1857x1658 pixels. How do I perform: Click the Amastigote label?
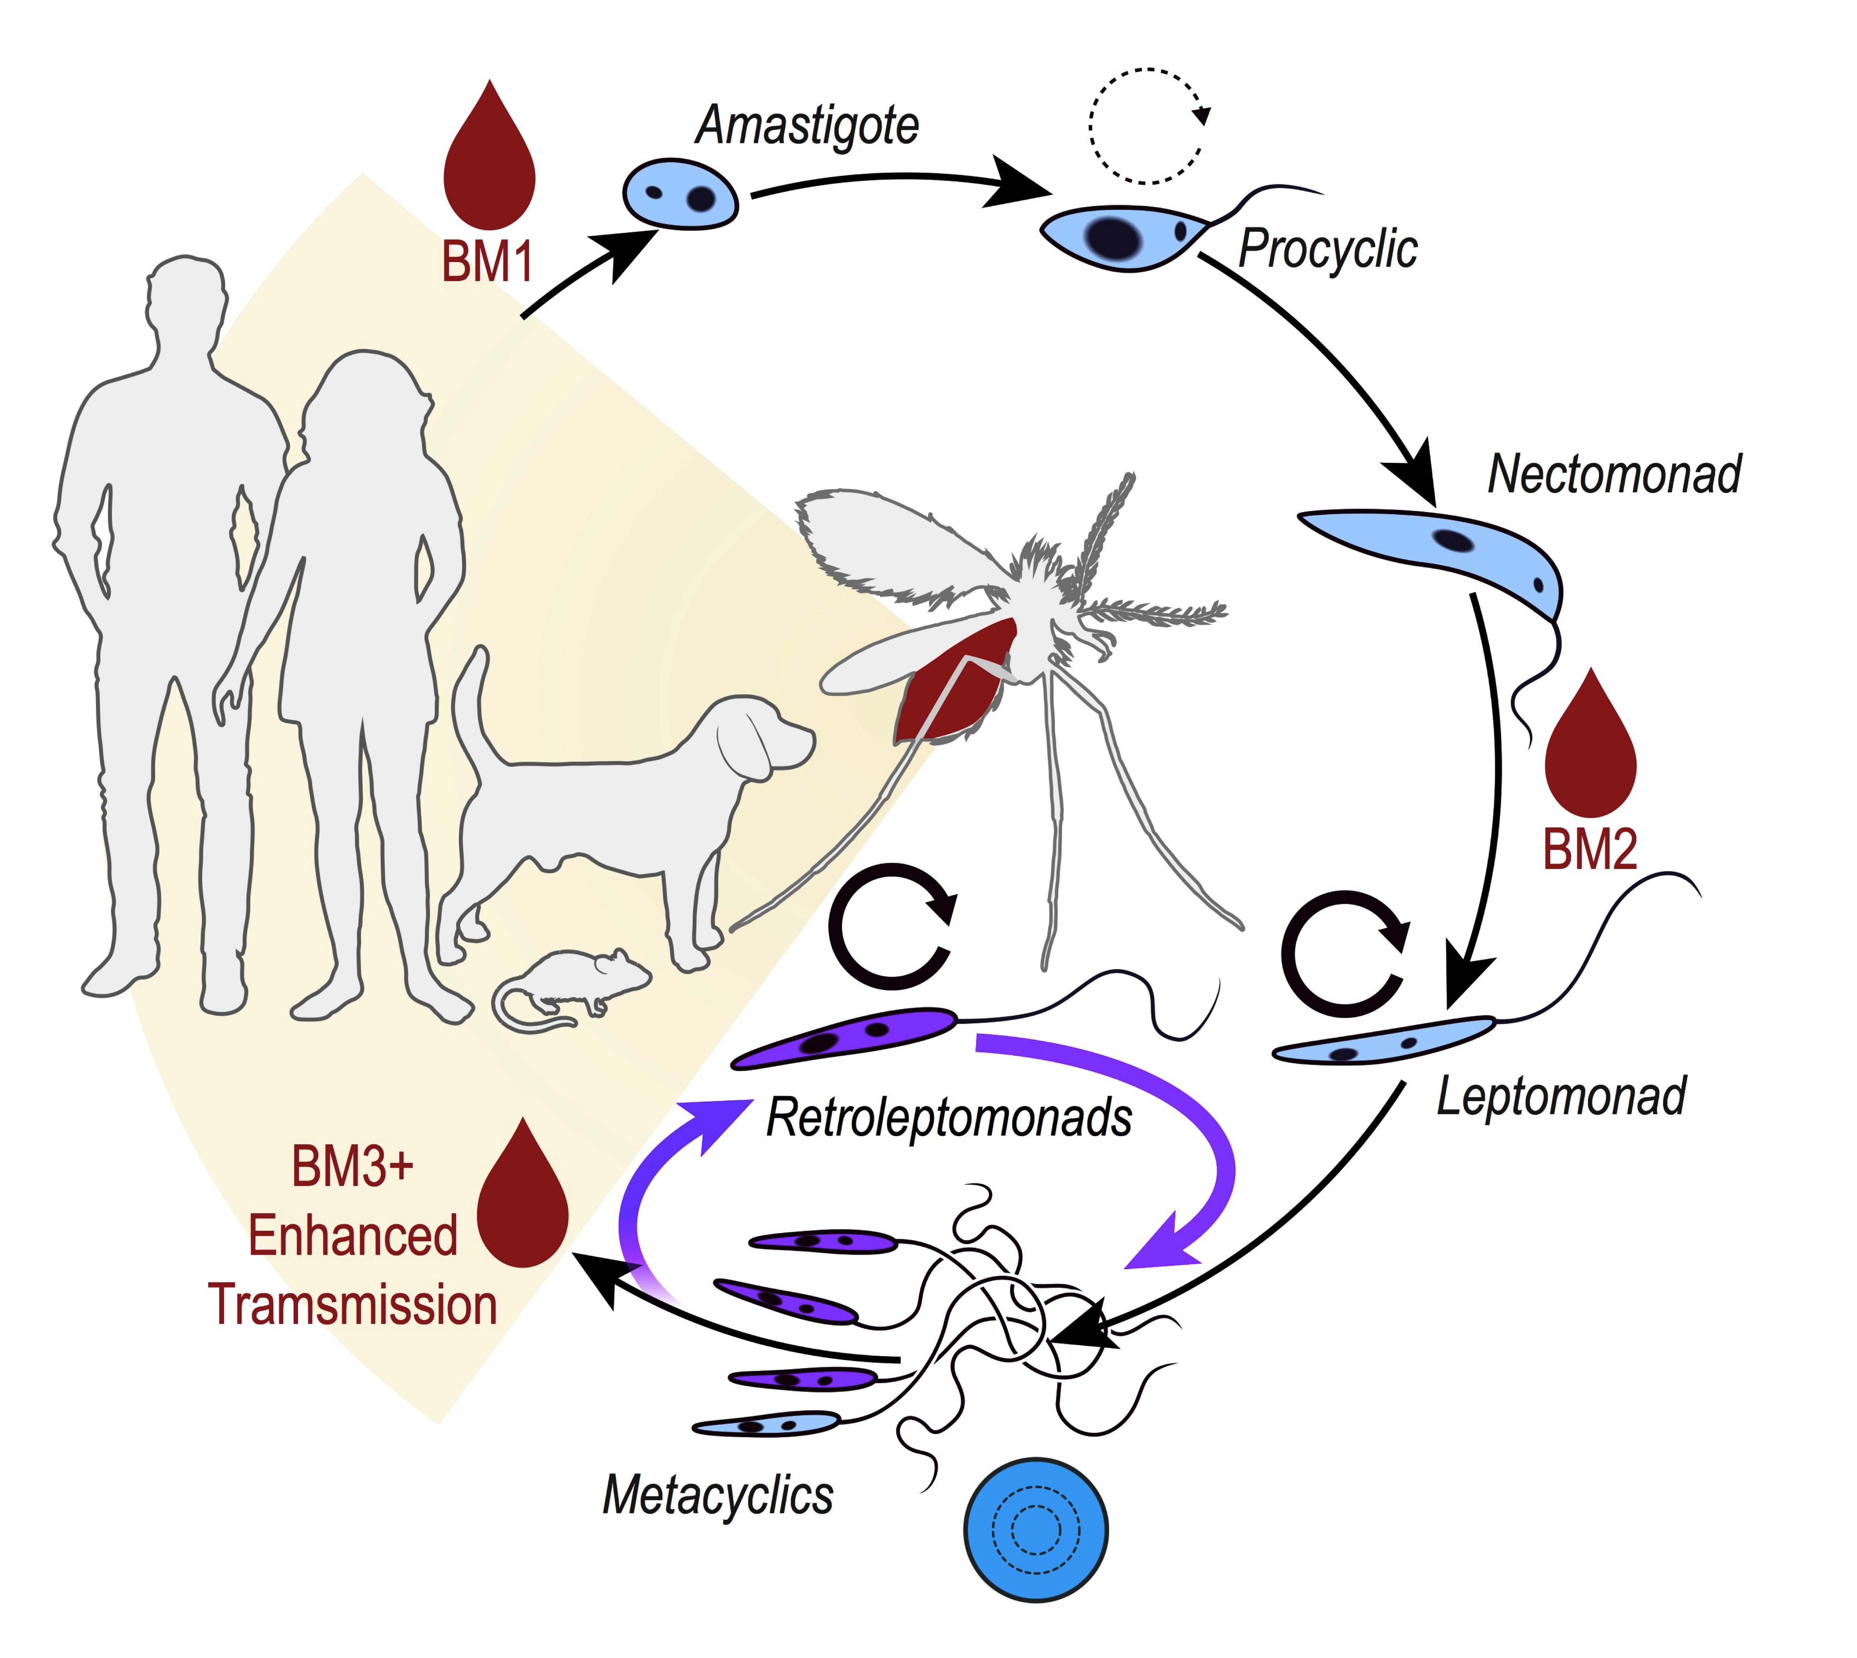(806, 126)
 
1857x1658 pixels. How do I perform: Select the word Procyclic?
(1327, 249)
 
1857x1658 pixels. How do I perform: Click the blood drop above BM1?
(489, 164)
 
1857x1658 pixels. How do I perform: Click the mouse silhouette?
(574, 988)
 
